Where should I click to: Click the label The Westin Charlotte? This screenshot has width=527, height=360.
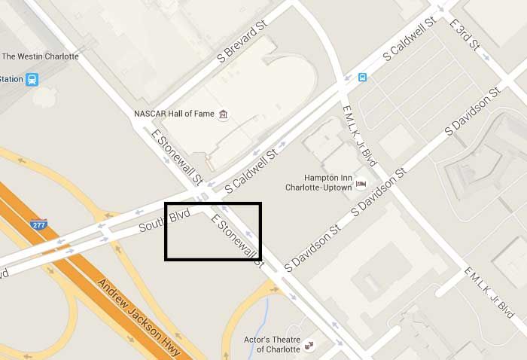click(x=40, y=56)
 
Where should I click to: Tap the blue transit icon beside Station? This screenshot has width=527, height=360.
click(x=32, y=79)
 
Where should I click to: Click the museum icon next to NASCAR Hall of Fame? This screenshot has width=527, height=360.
click(x=223, y=114)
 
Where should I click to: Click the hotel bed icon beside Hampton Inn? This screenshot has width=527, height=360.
click(x=361, y=182)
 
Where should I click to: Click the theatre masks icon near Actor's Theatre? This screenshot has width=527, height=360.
click(x=309, y=345)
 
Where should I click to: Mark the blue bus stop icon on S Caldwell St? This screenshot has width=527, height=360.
click(x=363, y=77)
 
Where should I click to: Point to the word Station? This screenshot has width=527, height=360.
click(x=11, y=79)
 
